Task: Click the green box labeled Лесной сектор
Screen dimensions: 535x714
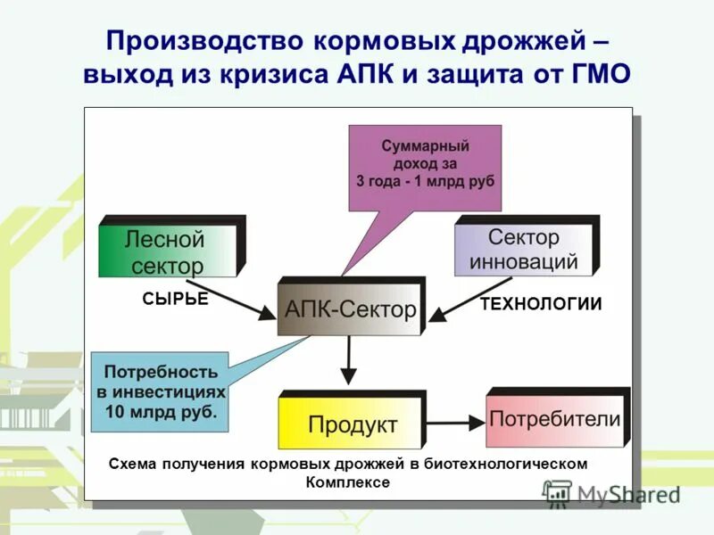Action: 168,251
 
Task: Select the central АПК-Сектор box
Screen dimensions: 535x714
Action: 350,309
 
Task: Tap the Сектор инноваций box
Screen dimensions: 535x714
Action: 523,249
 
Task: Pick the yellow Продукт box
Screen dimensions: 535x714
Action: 351,424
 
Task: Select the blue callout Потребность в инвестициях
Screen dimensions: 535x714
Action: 160,391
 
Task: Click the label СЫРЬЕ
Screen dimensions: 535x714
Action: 175,300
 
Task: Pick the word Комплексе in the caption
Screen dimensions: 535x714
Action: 348,481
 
